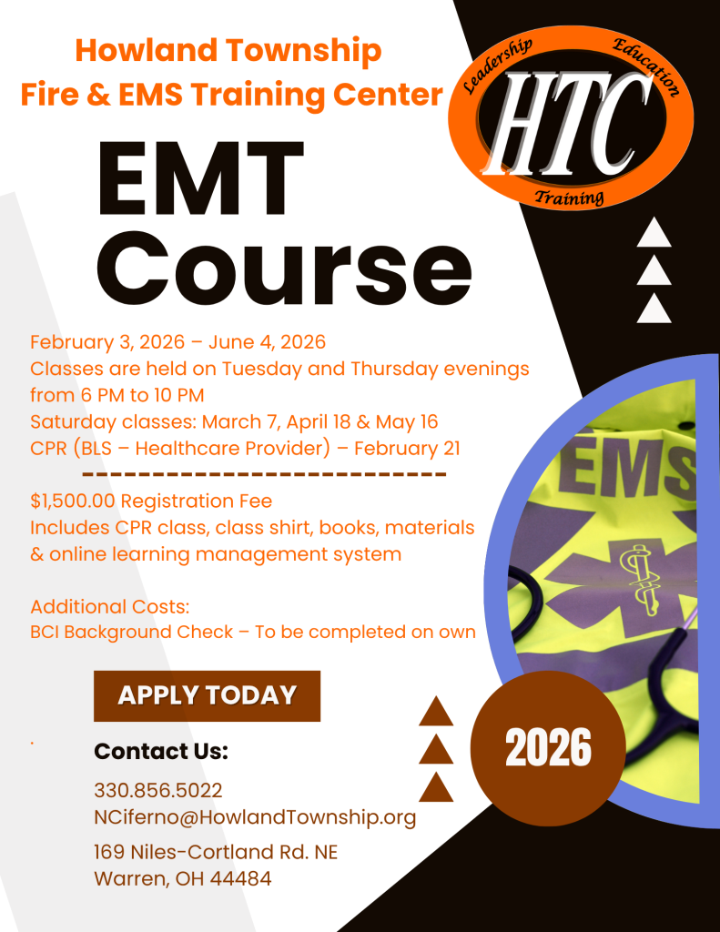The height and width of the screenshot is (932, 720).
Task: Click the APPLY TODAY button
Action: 207,695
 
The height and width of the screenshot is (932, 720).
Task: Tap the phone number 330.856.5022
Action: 158,791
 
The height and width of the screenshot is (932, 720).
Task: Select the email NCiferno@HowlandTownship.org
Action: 255,817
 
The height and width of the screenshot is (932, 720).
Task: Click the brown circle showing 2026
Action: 548,748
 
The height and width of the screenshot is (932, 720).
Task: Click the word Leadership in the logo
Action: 497,66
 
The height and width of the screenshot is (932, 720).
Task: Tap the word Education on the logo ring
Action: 646,66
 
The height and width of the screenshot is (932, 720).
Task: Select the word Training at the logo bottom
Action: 570,197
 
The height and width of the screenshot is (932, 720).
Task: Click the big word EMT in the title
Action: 201,178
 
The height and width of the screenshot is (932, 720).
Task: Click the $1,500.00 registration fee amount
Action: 73,501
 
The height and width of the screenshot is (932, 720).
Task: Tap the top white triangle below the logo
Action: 654,232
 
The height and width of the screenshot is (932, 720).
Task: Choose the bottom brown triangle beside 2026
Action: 436,787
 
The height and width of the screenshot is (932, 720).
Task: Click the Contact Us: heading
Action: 161,751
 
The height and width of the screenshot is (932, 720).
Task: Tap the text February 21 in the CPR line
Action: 407,448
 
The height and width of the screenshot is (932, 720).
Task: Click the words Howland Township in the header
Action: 228,50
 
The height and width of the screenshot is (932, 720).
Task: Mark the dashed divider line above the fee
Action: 264,474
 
